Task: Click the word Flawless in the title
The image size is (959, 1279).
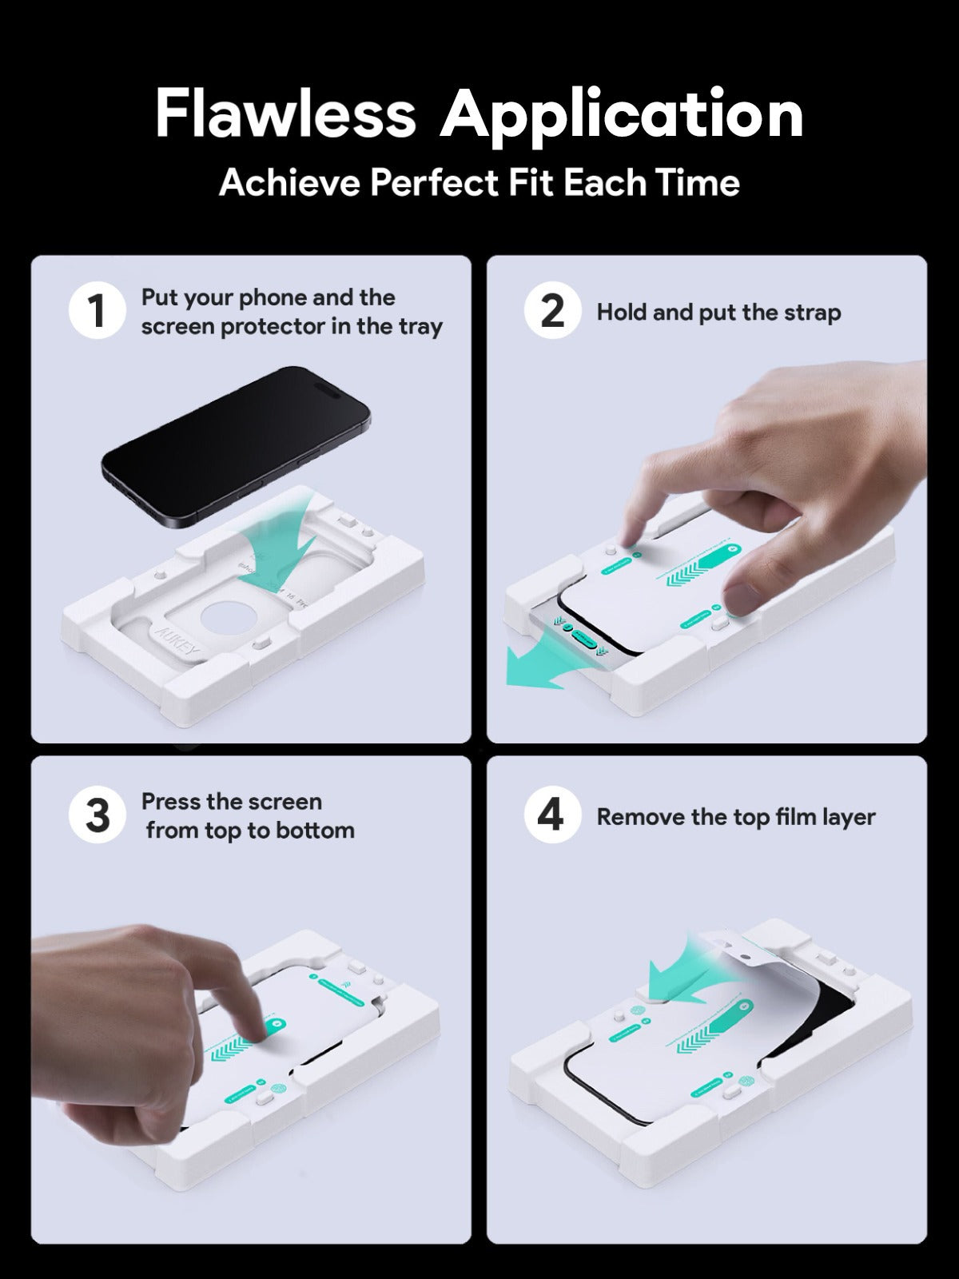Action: click(x=285, y=114)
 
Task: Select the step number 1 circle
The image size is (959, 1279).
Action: click(x=97, y=311)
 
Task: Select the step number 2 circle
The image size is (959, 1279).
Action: click(x=552, y=311)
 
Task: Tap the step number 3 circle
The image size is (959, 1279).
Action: click(x=97, y=815)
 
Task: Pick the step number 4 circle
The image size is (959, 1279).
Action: click(x=552, y=815)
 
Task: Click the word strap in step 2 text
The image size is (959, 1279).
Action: click(x=812, y=313)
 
